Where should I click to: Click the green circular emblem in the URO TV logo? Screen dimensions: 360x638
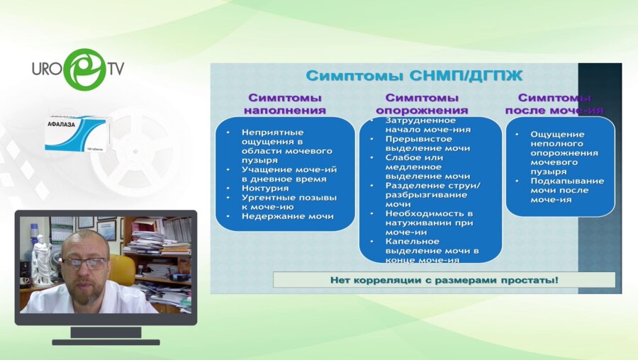pos(84,69)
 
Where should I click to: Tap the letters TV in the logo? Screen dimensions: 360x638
pos(115,69)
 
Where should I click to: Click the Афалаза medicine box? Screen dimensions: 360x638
pos(77,135)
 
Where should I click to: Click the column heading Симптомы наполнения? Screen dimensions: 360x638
pos(284,103)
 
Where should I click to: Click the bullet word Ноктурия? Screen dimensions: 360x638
pos(265,188)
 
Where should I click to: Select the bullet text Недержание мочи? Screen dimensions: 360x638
pos(287,216)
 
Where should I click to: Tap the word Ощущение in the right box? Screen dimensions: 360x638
pos(557,134)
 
